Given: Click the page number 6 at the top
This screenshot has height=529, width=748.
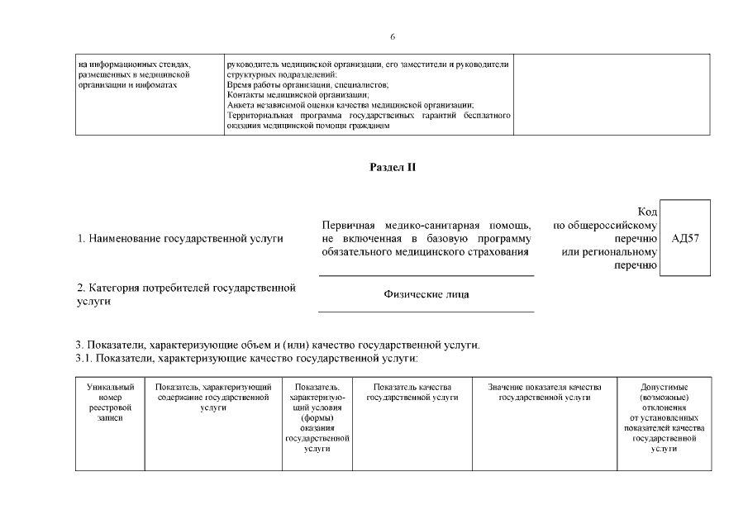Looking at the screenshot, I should [393, 36].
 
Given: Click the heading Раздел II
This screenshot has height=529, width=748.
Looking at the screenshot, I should [393, 167].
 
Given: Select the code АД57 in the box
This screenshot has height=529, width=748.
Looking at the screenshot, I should [686, 238].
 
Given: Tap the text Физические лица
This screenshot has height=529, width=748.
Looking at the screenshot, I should [426, 294].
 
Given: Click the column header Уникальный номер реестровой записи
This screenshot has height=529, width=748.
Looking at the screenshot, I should [110, 402].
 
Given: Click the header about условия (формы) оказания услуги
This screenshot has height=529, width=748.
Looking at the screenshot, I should [317, 417].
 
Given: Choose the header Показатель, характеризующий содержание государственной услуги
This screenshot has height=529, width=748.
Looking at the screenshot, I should [213, 397].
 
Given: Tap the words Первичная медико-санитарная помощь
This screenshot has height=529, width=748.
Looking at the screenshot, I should [426, 226].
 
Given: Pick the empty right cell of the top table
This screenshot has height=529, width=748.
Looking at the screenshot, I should [612, 94].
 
